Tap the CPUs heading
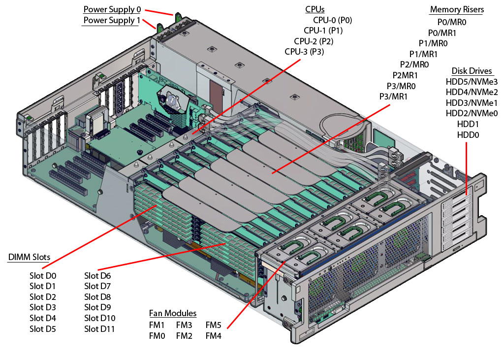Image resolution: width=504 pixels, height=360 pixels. (x=315, y=9)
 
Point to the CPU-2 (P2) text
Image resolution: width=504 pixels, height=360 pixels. (x=314, y=41)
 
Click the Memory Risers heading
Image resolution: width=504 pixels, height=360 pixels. (x=457, y=9)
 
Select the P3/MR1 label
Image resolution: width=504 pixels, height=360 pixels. (x=393, y=97)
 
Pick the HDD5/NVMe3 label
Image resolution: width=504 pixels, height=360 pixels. (x=472, y=81)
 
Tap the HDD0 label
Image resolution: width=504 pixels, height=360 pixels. (x=468, y=135)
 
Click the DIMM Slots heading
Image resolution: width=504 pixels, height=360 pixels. (x=29, y=258)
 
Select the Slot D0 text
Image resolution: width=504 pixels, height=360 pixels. (x=43, y=276)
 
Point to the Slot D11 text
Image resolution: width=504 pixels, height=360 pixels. (x=99, y=329)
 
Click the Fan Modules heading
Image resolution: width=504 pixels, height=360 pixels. (x=173, y=313)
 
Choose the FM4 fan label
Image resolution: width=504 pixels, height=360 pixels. (x=213, y=336)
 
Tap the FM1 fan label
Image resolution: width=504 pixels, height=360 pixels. (x=157, y=325)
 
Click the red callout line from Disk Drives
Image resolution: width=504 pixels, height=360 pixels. (x=465, y=167)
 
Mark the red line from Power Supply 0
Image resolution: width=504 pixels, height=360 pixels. (x=160, y=12)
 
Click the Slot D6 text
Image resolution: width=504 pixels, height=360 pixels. (x=97, y=276)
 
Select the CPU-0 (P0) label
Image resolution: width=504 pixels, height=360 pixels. (x=332, y=20)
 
